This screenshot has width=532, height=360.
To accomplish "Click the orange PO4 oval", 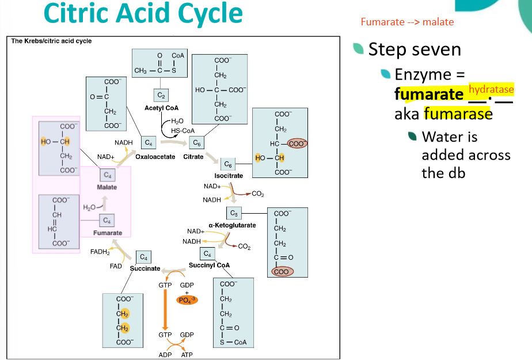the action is [x=187, y=300].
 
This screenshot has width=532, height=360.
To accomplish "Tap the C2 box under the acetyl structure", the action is [x=161, y=96].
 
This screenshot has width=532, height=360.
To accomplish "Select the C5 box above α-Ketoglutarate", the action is [x=234, y=213].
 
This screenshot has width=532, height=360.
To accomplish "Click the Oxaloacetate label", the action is [x=155, y=157].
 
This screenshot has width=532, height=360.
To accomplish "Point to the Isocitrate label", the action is [x=229, y=176].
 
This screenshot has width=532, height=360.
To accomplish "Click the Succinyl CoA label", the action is [x=209, y=266].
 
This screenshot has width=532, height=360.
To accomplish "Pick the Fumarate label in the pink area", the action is [x=108, y=233].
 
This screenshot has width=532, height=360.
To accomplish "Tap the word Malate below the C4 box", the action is [x=107, y=187].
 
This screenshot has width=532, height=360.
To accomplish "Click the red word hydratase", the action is [x=491, y=89].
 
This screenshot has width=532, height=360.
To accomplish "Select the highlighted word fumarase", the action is [x=458, y=113].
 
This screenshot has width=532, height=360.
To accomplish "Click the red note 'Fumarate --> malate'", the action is [x=407, y=22].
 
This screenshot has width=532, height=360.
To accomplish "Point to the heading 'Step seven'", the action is [x=415, y=50].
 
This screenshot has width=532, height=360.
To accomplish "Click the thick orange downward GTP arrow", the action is [x=165, y=309].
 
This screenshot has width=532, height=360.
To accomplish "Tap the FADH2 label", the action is [x=100, y=252].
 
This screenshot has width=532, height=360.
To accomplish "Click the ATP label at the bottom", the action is [x=187, y=355].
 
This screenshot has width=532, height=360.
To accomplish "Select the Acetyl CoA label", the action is [x=161, y=108].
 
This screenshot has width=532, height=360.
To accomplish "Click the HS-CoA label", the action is [x=183, y=131].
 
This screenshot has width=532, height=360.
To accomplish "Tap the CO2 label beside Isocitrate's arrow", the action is [x=258, y=194].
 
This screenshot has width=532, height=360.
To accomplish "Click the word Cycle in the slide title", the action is [x=210, y=14].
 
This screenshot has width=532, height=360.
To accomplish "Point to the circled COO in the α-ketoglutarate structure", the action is [x=282, y=271].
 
